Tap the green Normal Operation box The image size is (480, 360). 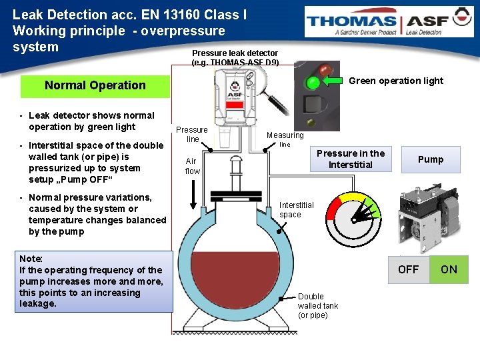point(95,85)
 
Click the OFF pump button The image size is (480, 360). point(408,269)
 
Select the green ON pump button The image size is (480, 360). point(449,269)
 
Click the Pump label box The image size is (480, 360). point(430,159)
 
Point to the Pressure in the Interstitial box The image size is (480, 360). point(351,159)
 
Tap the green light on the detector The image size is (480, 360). point(312,83)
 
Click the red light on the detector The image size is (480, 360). point(326,69)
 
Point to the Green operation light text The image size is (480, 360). point(395,81)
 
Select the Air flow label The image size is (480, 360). point(192,166)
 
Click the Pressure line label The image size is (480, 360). point(192,134)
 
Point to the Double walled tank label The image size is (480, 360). point(318,305)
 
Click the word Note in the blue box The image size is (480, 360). point(31,259)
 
